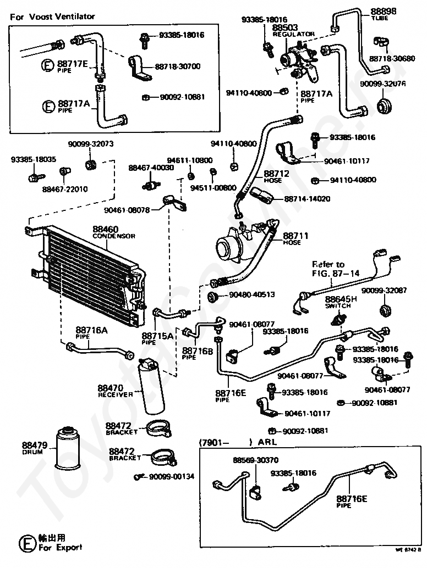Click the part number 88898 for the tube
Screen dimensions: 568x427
pos(382,12)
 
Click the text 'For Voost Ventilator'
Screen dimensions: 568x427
pos(52,16)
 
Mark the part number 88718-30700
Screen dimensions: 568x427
pos(178,66)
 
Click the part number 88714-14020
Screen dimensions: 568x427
pos(308,198)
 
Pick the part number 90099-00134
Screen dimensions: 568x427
pos(172,476)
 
